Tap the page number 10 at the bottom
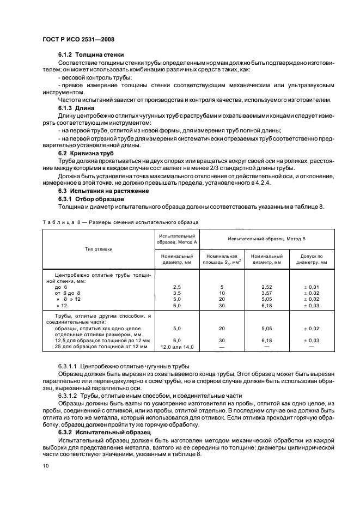point(46,466)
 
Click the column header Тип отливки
point(99,248)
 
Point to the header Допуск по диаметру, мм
point(312,259)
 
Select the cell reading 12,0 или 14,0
point(177,347)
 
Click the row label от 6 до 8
point(68,293)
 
